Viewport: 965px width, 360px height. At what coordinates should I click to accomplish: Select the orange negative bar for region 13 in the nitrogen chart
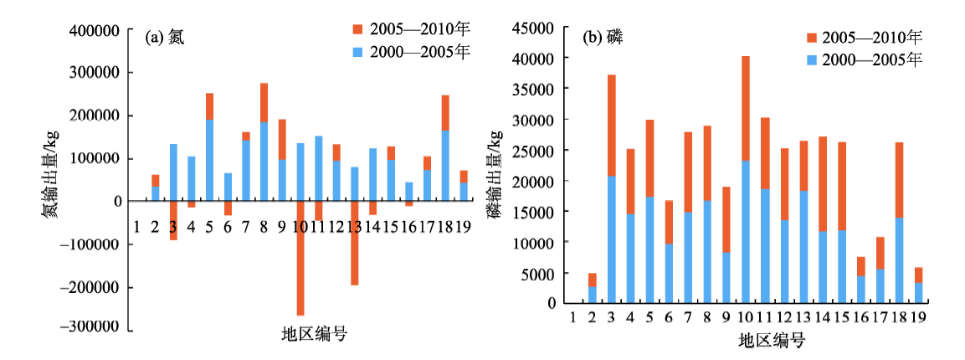click(x=354, y=243)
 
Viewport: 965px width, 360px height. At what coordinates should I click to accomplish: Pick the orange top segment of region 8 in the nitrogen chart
click(x=264, y=102)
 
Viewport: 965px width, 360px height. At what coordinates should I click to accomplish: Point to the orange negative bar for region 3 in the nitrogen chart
click(x=173, y=220)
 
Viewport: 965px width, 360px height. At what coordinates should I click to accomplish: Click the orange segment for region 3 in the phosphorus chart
click(x=612, y=126)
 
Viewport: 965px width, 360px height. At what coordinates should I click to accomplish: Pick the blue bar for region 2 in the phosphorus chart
click(x=593, y=295)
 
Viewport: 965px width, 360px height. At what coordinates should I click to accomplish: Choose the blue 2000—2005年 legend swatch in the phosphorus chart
click(x=812, y=59)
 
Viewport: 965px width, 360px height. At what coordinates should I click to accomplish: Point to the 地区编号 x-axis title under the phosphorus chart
click(x=771, y=341)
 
